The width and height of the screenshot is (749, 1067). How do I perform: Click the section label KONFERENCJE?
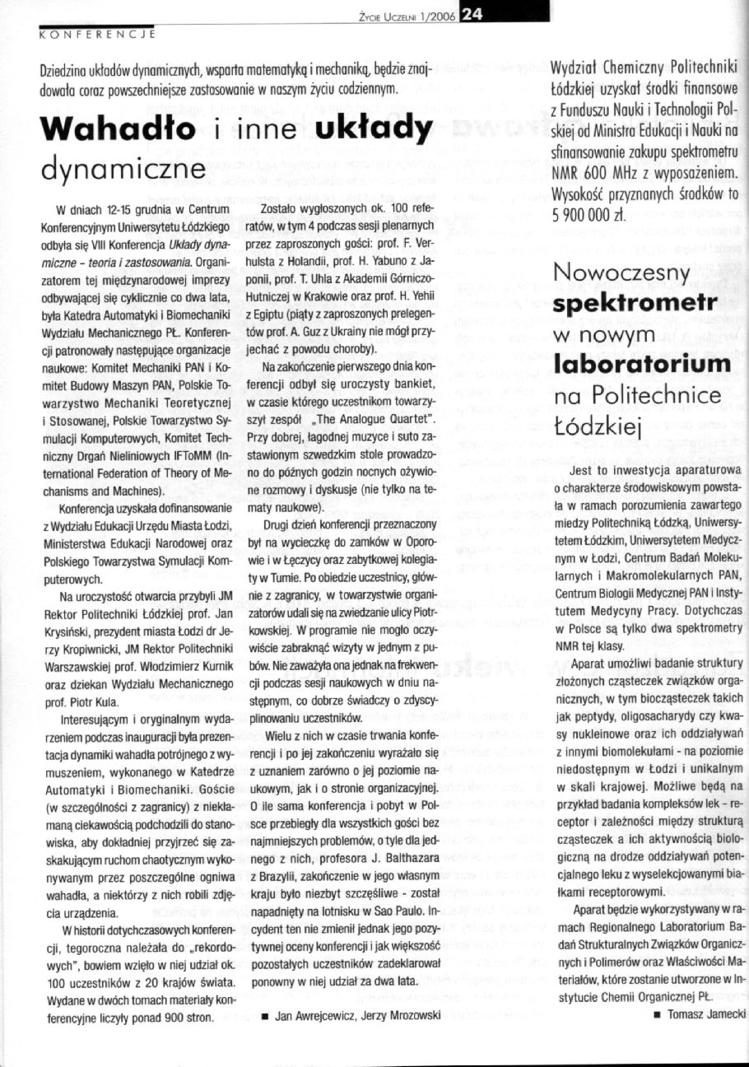(98, 35)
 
